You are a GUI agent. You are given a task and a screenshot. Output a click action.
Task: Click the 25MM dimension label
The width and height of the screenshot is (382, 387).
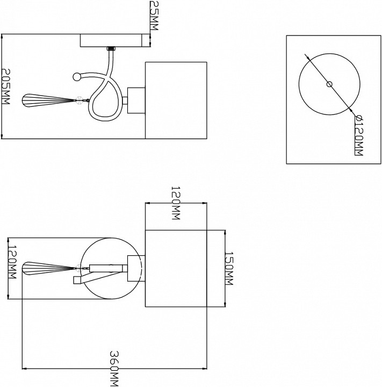154,15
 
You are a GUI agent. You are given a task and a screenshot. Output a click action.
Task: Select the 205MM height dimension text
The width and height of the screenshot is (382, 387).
5,87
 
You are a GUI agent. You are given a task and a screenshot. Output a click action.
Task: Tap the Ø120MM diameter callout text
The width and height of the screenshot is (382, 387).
358,136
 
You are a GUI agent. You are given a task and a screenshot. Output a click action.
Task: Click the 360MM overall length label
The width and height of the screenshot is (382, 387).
114,369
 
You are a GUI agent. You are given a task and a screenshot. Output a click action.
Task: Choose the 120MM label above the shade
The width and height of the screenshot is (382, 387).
176,203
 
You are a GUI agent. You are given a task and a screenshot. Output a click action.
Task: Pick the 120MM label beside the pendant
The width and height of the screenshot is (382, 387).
12,262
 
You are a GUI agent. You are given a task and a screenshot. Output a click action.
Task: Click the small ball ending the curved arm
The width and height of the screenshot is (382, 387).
77,77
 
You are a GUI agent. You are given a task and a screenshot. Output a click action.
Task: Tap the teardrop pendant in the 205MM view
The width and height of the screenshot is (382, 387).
48,101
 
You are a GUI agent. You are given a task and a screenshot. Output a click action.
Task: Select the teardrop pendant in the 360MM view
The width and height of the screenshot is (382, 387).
48,268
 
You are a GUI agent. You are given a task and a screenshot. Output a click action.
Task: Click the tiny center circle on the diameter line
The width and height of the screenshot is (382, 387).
329,84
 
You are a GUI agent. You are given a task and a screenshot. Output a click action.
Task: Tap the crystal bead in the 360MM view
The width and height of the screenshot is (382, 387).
79,268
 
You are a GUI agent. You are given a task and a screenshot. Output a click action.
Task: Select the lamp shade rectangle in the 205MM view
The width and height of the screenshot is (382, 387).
176,100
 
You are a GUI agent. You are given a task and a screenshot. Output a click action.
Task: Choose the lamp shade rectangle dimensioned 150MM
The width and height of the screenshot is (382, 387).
176,269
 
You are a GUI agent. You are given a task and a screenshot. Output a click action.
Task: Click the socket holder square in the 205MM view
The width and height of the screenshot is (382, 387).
136,100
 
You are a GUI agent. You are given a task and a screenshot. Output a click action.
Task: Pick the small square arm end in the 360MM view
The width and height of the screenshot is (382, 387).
77,280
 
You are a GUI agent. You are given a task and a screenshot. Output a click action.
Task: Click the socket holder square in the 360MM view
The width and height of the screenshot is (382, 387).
136,269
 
